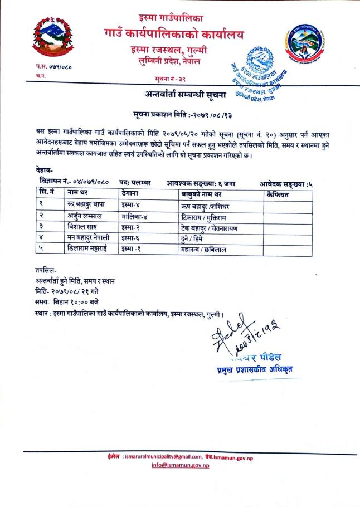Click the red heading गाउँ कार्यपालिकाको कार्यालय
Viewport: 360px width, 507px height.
(x=174, y=34)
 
